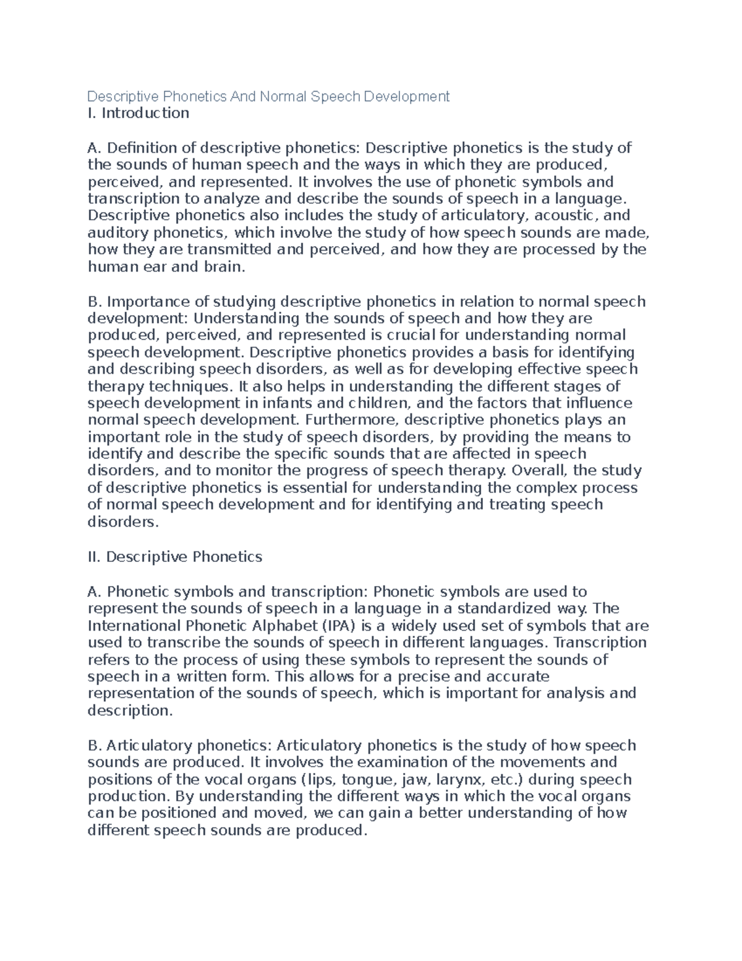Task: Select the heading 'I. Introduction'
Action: click(139, 113)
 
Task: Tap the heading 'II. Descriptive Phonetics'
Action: click(175, 557)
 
